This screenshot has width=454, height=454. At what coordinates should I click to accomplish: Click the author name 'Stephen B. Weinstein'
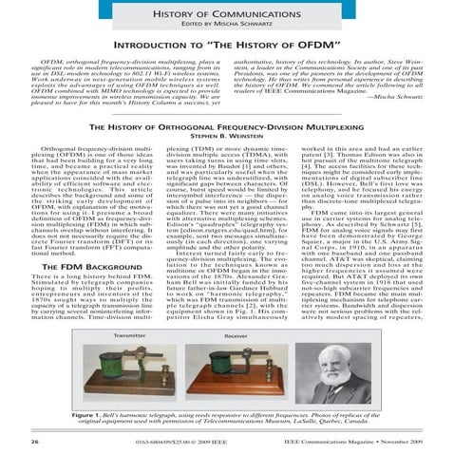(227, 137)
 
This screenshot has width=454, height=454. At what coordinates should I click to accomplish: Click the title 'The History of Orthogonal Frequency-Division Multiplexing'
(227, 124)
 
